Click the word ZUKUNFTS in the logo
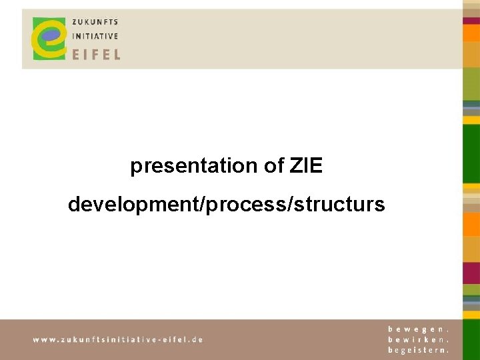[x=95, y=22]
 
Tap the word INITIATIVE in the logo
[x=95, y=36]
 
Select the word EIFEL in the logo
[x=96, y=53]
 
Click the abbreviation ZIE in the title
[x=306, y=166]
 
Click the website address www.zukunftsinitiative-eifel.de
[x=118, y=339]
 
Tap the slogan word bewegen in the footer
[x=418, y=329]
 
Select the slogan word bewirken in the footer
[x=418, y=339]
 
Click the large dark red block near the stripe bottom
[x=471, y=273]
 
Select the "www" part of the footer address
[x=44, y=339]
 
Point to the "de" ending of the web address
[x=197, y=339]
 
